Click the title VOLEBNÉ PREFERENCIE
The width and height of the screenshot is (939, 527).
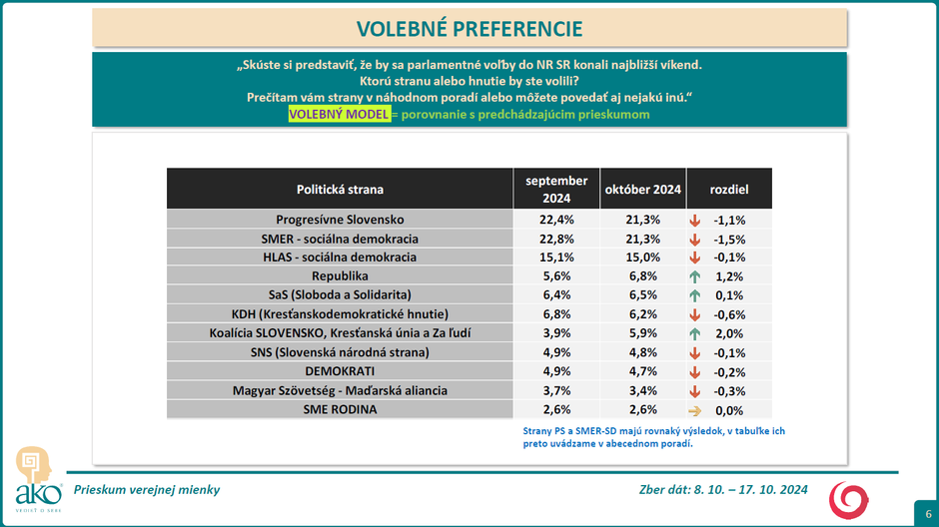pyautogui.click(x=469, y=28)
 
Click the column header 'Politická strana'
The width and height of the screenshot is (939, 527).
pyautogui.click(x=340, y=189)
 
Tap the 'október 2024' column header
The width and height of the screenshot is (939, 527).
pyautogui.click(x=642, y=189)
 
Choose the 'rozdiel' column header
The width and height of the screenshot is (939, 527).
pyautogui.click(x=728, y=189)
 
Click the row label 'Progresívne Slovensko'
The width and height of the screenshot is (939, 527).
pyautogui.click(x=340, y=220)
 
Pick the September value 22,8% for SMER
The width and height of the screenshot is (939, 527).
pyautogui.click(x=556, y=239)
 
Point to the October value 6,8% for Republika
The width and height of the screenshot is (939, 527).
pyautogui.click(x=642, y=275)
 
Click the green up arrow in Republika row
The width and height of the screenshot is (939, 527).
pyautogui.click(x=694, y=275)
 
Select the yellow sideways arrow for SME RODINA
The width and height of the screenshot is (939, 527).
pyautogui.click(x=694, y=410)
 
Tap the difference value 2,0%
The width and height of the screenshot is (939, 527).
pyautogui.click(x=729, y=333)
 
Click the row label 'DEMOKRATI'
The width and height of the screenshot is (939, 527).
pyautogui.click(x=340, y=371)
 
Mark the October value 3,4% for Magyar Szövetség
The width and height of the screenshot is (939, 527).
pyautogui.click(x=642, y=390)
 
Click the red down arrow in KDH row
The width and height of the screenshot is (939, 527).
pyautogui.click(x=694, y=314)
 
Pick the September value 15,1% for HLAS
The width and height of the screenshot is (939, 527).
pyautogui.click(x=556, y=258)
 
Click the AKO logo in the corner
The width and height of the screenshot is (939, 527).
pyautogui.click(x=32, y=479)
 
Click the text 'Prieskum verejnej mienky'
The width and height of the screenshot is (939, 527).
pyautogui.click(x=147, y=490)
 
